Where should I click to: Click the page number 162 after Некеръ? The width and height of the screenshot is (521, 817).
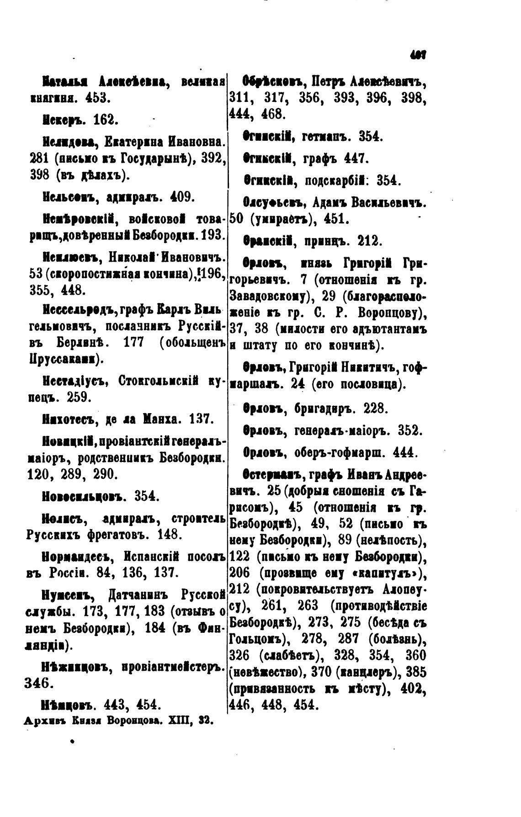click(106, 120)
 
